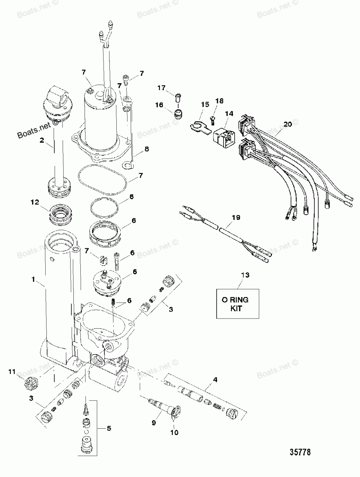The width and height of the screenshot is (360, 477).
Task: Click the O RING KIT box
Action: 238,304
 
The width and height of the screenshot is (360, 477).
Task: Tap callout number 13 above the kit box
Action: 245,275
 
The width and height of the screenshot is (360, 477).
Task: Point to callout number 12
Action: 35,202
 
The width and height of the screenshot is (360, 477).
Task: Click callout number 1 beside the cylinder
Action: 33,279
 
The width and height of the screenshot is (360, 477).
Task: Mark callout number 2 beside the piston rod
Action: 42,140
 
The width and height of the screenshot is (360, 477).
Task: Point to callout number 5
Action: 109,428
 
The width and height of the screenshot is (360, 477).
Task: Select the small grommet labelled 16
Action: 177,114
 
